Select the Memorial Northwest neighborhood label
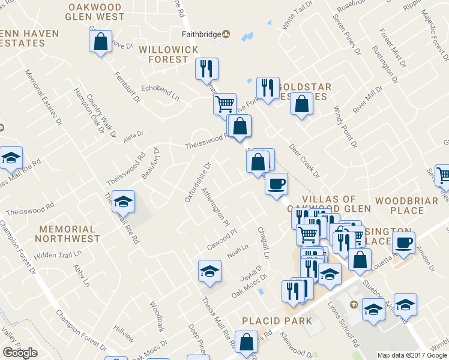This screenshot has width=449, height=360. [x=67, y=233]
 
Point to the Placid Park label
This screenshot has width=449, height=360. [x=277, y=320]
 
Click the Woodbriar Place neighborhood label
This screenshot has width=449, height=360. [x=407, y=205]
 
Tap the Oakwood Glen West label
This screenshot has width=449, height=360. [x=95, y=12]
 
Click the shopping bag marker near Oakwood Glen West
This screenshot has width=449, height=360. [x=100, y=42]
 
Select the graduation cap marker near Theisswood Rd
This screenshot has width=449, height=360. [x=124, y=202]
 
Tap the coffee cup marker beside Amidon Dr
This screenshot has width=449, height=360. [x=403, y=242]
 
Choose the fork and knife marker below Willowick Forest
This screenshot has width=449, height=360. [x=206, y=68]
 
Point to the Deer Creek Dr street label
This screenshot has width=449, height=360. [x=304, y=161]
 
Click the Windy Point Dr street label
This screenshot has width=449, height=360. [x=345, y=127]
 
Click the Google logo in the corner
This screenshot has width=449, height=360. [x=19, y=353]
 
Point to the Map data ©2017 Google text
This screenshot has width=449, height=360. [x=412, y=355]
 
